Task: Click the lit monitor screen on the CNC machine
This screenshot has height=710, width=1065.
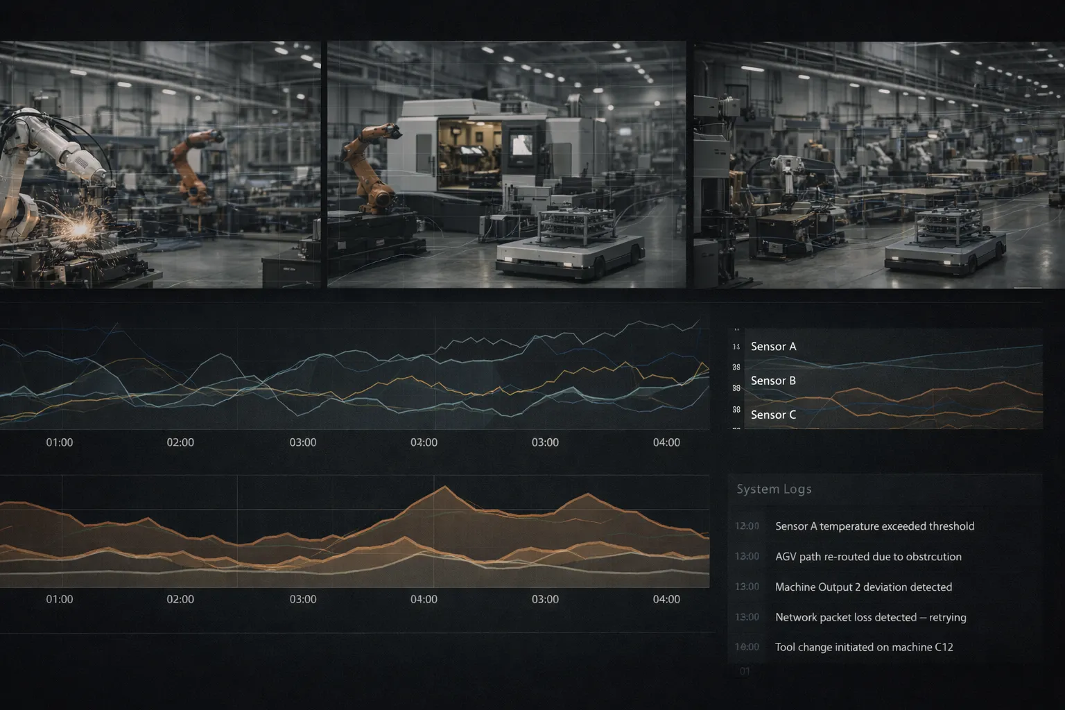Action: click(x=521, y=146)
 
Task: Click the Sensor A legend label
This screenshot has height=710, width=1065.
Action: click(x=773, y=347)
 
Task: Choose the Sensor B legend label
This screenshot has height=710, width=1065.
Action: click(x=773, y=381)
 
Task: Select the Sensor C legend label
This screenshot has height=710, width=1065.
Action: click(x=773, y=415)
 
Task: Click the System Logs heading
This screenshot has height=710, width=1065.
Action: click(x=774, y=490)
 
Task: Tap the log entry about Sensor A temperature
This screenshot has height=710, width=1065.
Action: click(x=874, y=526)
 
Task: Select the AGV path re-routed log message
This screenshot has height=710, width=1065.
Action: click(x=868, y=557)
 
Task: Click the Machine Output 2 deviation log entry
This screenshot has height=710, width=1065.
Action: click(x=863, y=587)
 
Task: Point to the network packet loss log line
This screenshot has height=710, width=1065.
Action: click(x=870, y=617)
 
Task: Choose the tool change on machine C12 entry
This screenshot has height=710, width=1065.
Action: click(x=864, y=647)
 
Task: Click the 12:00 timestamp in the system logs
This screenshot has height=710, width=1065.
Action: click(x=747, y=526)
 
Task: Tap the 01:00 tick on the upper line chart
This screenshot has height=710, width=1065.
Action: click(x=60, y=442)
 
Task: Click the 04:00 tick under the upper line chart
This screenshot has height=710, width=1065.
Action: click(x=666, y=442)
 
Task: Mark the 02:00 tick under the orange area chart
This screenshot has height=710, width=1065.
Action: click(x=180, y=599)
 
